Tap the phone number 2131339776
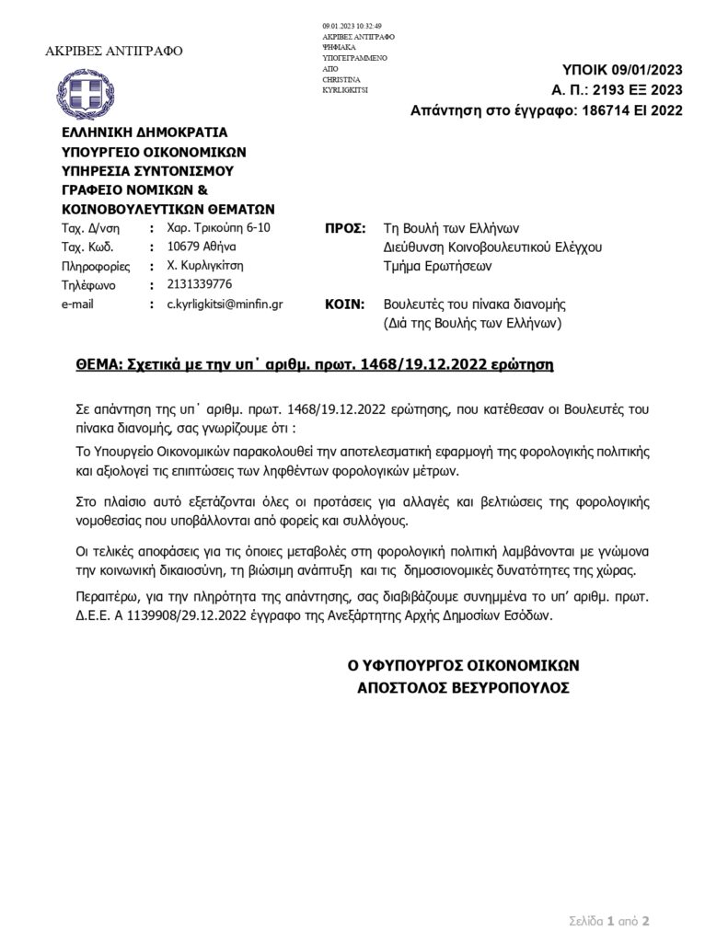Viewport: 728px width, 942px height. [x=200, y=284]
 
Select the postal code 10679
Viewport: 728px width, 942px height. [x=185, y=246]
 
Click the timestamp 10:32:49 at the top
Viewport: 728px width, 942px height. [x=370, y=25]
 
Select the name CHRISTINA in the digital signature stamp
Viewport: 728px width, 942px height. [x=341, y=80]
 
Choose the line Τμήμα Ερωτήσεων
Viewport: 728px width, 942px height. [x=437, y=267]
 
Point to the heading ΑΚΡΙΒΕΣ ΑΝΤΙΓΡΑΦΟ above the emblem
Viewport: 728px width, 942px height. [x=114, y=50]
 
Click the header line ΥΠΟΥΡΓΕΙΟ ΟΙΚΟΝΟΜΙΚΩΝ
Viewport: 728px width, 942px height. [x=154, y=151]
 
